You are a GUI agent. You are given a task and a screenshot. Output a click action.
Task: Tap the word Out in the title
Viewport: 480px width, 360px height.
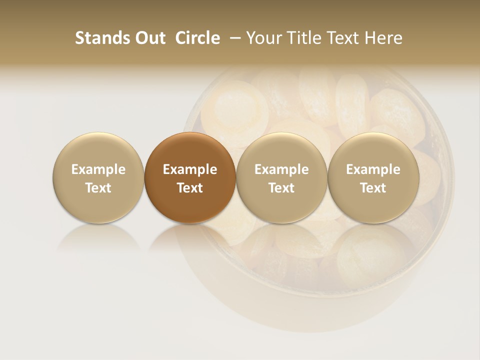click(149, 38)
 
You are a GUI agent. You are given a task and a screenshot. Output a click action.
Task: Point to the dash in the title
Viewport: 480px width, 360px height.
click(233, 38)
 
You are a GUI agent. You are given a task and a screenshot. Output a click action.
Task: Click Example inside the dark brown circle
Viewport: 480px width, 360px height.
click(190, 169)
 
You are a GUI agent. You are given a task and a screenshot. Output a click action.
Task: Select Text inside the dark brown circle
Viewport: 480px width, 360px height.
click(190, 188)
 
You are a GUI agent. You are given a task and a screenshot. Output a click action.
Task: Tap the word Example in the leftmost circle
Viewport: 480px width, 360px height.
click(98, 169)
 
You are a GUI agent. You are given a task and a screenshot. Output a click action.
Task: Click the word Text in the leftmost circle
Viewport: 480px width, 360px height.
click(98, 188)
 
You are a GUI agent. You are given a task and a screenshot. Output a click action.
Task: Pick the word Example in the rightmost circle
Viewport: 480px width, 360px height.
click(373, 169)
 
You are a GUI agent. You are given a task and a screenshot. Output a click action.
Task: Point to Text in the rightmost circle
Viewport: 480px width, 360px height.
click(373, 188)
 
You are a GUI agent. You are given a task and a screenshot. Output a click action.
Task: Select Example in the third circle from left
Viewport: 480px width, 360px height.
click(281, 169)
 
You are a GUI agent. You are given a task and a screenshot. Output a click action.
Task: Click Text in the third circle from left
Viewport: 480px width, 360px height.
click(281, 188)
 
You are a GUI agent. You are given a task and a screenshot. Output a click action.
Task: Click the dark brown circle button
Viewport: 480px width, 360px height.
click(190, 150)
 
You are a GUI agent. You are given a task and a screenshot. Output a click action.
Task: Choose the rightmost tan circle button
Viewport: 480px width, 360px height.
click(373, 150)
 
